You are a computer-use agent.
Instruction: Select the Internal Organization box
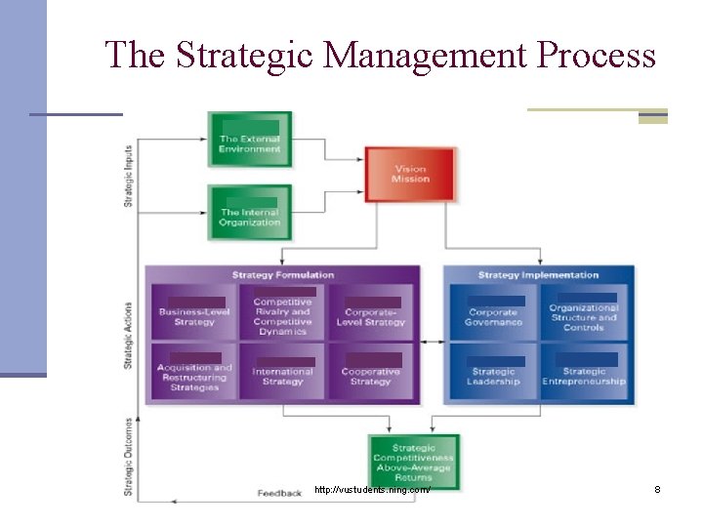point(250,212)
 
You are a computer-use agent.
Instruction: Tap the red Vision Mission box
point(410,175)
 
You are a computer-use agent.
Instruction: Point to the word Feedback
point(279,494)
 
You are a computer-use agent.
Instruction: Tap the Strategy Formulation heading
point(283,275)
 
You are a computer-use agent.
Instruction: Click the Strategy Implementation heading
point(539,275)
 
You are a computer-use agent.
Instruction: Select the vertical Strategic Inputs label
point(129,176)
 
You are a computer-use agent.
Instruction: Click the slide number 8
point(657,489)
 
